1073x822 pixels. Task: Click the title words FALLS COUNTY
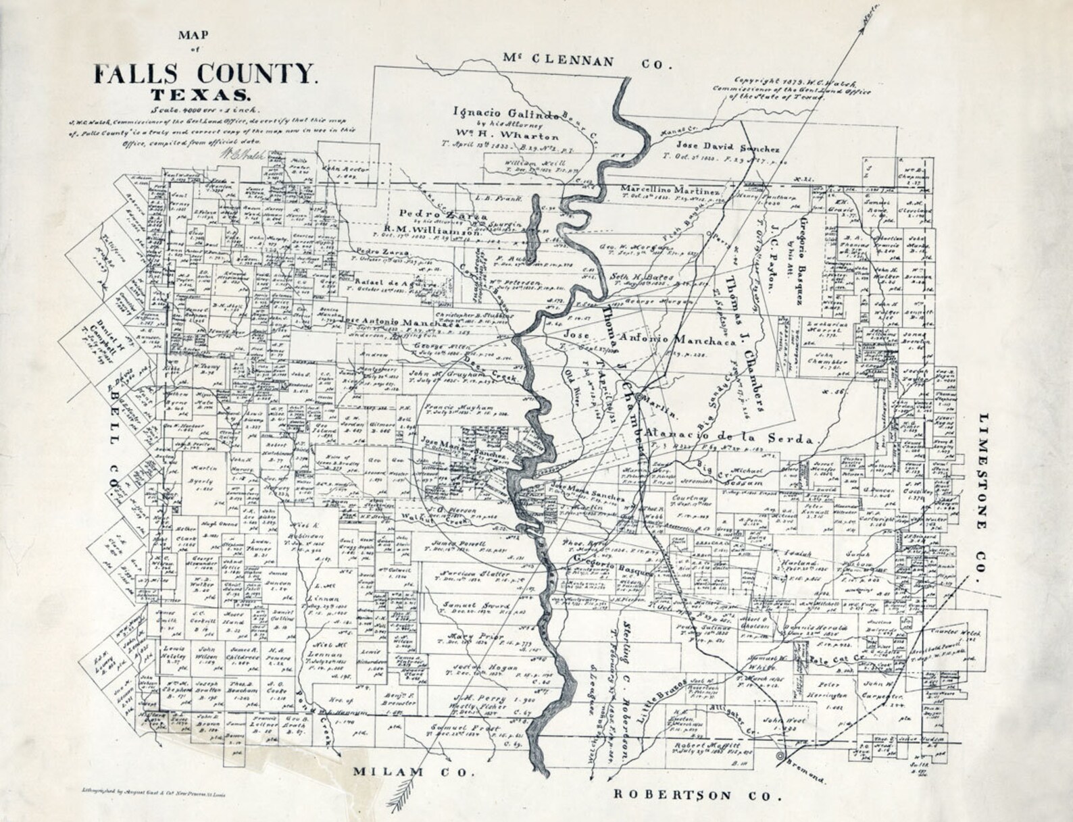click(x=204, y=74)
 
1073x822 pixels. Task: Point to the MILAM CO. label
click(x=408, y=771)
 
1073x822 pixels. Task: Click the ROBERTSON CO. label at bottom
click(x=697, y=795)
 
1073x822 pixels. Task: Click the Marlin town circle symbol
click(x=638, y=396)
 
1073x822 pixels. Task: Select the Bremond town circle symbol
click(x=782, y=755)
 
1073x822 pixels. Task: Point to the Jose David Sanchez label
click(x=727, y=147)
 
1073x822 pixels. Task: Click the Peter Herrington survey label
click(x=826, y=696)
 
